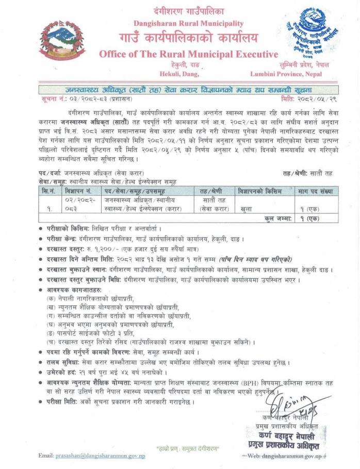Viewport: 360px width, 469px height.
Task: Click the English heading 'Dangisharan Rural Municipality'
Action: coord(188,23)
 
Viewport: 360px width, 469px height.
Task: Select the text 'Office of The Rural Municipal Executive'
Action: coord(188,54)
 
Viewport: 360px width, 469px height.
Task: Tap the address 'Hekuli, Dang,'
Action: coord(188,74)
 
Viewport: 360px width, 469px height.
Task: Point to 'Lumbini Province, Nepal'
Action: coord(292,74)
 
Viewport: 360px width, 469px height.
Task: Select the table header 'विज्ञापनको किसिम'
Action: coord(260,191)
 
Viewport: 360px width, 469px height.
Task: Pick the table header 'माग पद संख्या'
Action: coord(315,191)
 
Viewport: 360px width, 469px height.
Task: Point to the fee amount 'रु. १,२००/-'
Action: coord(103,248)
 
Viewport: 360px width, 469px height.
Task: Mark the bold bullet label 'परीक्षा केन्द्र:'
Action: coord(65,238)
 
